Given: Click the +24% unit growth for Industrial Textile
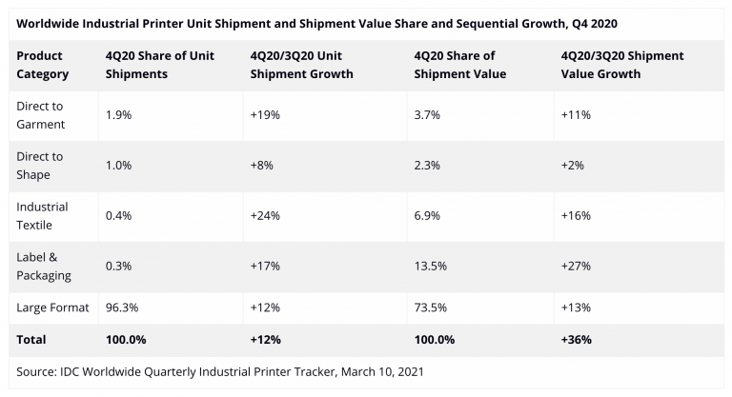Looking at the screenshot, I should [x=264, y=215].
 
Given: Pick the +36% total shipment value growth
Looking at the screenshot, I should [x=575, y=339].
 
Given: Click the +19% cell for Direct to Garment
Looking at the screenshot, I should [x=264, y=114].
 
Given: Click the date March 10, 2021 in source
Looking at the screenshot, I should [x=382, y=371].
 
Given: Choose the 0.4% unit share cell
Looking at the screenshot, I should [x=118, y=215].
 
